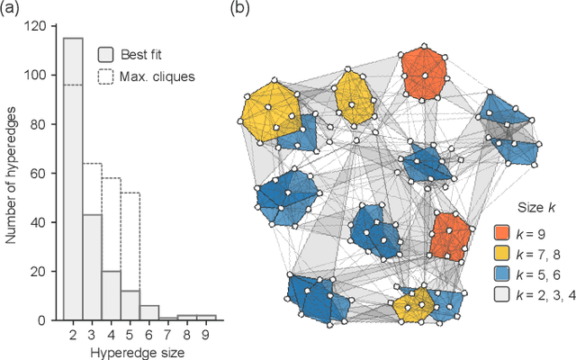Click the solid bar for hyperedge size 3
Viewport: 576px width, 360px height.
point(91,270)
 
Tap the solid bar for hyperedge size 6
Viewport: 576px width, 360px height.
point(150,312)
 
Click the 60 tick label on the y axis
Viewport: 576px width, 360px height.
point(35,173)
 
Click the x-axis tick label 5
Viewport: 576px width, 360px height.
point(130,336)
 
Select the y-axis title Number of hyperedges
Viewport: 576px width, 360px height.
point(11,173)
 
